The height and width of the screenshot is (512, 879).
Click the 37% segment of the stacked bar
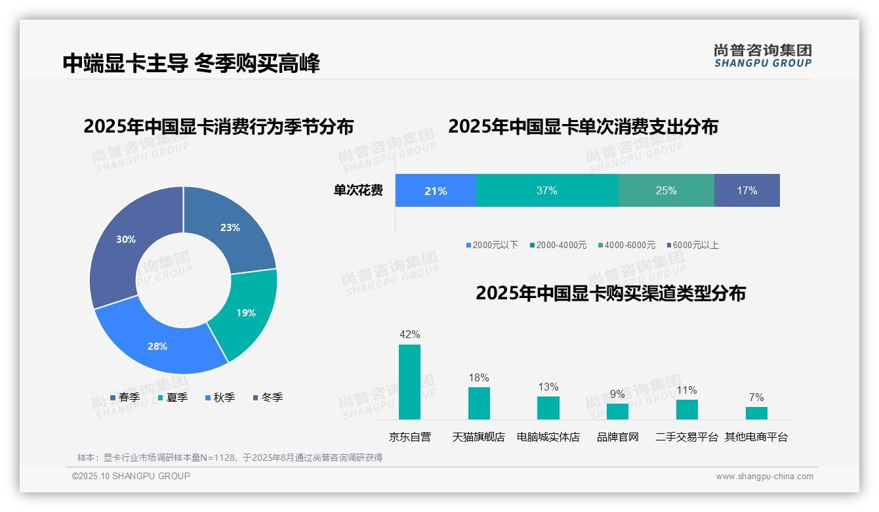point(546,190)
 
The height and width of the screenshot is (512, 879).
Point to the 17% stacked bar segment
point(746,190)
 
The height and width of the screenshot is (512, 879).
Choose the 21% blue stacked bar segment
point(435,190)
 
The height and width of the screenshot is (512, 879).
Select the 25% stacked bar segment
point(666,190)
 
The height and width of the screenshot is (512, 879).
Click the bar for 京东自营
point(409,381)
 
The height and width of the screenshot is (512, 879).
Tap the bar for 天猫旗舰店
point(479,403)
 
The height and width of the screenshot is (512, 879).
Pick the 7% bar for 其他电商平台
point(756,413)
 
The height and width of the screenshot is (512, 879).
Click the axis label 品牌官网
point(617,437)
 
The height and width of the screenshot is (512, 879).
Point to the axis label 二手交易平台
point(687,437)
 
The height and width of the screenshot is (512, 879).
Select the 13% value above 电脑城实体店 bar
point(548,387)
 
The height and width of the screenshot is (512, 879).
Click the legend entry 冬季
point(268,397)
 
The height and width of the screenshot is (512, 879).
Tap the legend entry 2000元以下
point(492,245)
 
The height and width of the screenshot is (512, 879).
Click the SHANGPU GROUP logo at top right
point(762,56)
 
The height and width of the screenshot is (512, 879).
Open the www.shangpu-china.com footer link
point(764,477)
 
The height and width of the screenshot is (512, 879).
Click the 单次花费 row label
point(358,190)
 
